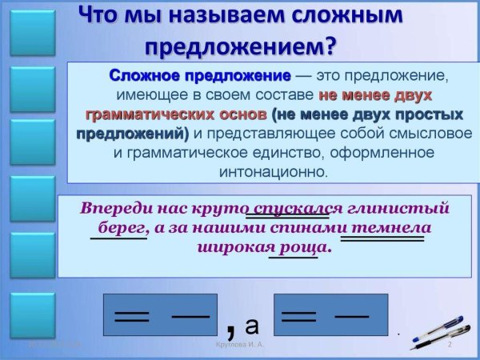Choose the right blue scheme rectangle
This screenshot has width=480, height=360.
click(330, 314)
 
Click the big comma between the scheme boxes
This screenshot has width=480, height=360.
click(231, 325)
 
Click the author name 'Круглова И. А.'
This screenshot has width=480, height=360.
click(240, 345)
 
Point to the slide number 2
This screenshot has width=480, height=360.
click(450, 345)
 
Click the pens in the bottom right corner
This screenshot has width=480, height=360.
click(442, 331)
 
